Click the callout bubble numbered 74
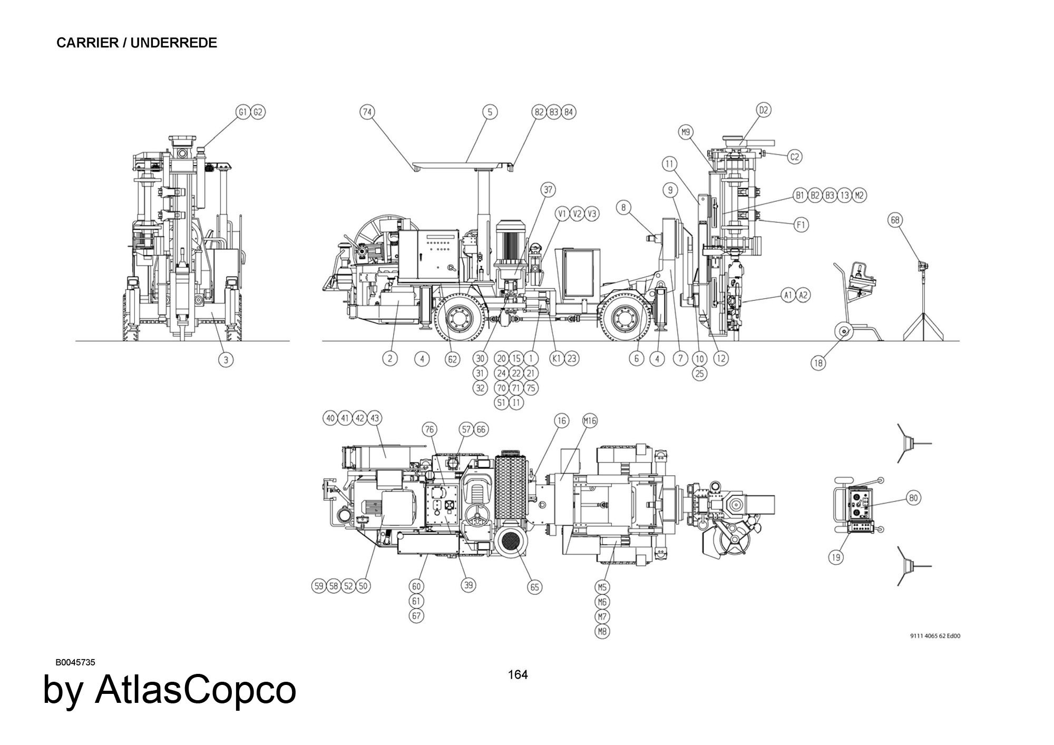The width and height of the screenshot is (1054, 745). coord(367,112)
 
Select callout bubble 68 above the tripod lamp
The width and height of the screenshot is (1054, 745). coord(895,220)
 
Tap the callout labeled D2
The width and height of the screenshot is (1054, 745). coord(764,110)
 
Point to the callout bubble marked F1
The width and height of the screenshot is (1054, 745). coord(801,225)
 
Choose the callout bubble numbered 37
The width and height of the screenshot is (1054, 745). coord(548,190)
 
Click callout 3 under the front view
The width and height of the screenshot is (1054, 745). coord(226,360)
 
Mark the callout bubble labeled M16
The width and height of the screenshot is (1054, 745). coord(590,420)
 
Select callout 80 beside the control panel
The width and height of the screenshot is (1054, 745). coord(913,497)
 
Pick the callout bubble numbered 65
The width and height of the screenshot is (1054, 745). coord(534,587)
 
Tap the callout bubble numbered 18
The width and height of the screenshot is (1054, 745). coord(818,363)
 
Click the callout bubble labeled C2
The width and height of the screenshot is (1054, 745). coord(795,156)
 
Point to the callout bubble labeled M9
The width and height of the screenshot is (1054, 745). coord(686,132)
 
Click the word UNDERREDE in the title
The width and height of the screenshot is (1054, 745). coord(173,43)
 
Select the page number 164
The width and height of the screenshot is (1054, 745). coord(518,674)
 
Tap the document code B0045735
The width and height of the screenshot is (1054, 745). coord(75,662)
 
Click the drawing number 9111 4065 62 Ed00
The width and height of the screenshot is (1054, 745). coord(935,635)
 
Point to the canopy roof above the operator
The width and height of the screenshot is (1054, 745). coord(463,166)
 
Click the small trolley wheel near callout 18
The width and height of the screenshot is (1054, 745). coord(843,332)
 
